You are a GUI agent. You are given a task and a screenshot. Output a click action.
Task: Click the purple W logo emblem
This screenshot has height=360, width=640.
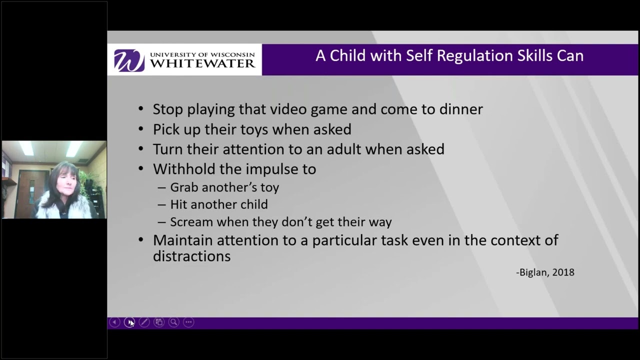tap(129, 60)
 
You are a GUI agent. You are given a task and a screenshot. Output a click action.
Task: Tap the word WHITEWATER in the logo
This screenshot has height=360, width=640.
tap(202, 64)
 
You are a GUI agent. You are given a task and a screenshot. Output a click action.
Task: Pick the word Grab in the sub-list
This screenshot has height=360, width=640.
tap(184, 187)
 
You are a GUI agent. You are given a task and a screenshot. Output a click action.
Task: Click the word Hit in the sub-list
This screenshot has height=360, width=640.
tap(178, 204)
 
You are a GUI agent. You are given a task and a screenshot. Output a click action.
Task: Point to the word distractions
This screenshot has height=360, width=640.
tap(191, 256)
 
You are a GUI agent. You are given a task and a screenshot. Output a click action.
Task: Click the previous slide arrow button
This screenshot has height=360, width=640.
tap(114, 322)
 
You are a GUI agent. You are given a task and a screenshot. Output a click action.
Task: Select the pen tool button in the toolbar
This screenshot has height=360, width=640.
tap(144, 322)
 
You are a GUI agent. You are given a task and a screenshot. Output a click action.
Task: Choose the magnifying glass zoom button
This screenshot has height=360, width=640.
tap(173, 322)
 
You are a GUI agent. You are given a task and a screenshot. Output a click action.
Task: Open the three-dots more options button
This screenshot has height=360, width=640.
tap(188, 322)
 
